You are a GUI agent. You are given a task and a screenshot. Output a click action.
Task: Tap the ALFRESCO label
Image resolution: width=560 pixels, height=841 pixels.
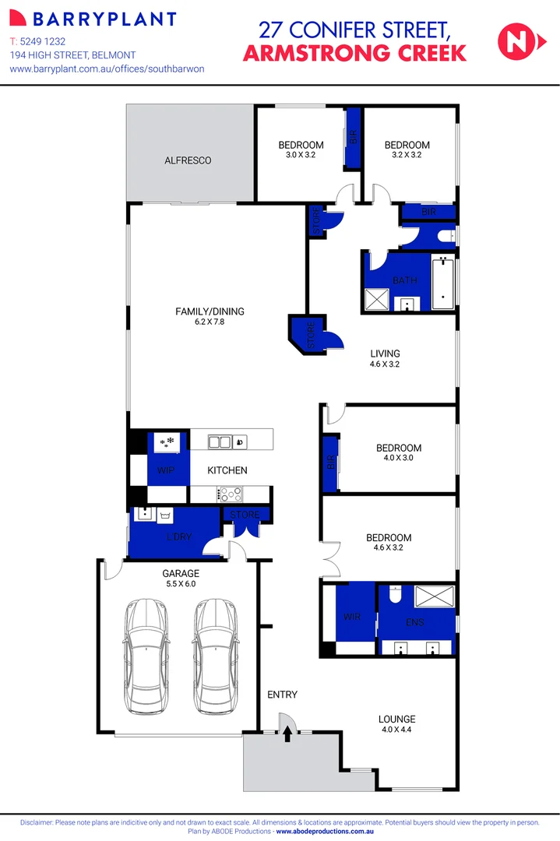pos(188,160)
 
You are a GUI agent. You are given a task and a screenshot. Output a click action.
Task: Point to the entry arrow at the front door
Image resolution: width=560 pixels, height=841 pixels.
pos(287,732)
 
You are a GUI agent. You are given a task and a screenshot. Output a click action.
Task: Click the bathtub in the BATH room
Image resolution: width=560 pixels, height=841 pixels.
pos(442,281)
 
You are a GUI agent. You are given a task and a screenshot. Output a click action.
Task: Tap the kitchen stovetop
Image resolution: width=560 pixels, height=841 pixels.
pos(231,493)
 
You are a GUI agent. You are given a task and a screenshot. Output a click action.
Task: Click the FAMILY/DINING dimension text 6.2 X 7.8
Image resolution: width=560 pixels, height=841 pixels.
pos(210,322)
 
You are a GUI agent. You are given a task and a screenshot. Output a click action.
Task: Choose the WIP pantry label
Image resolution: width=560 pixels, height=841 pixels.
pos(166,470)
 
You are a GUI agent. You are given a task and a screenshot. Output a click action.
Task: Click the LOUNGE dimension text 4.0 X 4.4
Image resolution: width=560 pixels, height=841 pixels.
pos(397,730)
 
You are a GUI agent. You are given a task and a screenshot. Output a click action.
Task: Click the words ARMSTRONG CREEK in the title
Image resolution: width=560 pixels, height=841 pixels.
pos(355,53)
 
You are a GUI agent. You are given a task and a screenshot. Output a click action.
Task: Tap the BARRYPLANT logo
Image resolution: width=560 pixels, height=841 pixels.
pos(92,19)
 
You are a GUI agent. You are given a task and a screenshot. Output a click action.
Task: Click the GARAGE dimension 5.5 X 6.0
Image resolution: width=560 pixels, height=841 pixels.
pos(180,583)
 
